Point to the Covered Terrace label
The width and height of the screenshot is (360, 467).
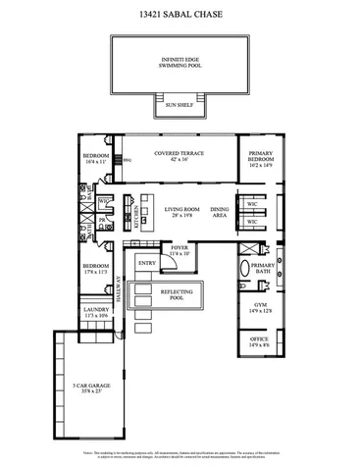pyautogui.click(x=179, y=156)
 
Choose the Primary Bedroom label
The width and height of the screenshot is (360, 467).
pyautogui.click(x=261, y=160)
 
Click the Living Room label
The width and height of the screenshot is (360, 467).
pyautogui.click(x=182, y=211)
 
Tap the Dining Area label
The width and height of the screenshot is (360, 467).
pyautogui.click(x=220, y=211)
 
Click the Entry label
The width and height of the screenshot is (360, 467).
pyautogui.click(x=147, y=263)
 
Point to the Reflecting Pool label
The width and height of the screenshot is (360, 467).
pyautogui.click(x=177, y=295)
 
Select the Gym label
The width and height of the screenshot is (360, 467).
pyautogui.click(x=261, y=307)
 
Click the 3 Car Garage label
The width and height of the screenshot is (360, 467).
pyautogui.click(x=86, y=388)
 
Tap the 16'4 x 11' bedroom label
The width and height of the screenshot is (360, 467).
pyautogui.click(x=95, y=159)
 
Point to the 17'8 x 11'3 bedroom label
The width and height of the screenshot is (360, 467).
pyautogui.click(x=95, y=269)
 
